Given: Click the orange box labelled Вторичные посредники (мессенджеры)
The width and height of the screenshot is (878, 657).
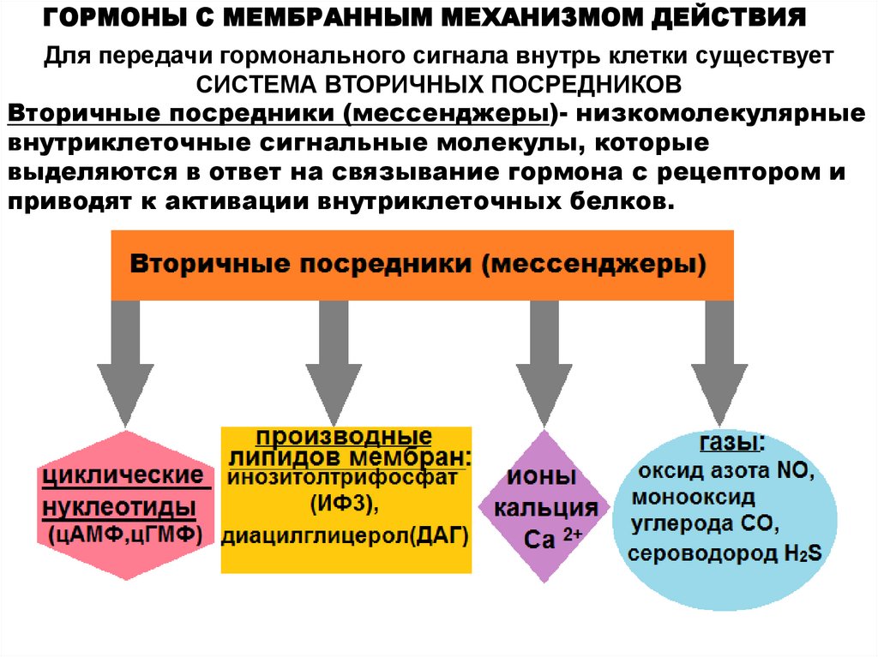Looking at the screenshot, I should click(420, 264).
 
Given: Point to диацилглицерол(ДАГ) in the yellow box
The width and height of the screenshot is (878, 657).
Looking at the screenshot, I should click(346, 536).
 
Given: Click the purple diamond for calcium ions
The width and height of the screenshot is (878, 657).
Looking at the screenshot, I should click(544, 505).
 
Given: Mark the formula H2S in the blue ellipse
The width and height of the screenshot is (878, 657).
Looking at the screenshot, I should click(802, 553).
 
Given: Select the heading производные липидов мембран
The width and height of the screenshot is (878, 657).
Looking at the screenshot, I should click(346, 444).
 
